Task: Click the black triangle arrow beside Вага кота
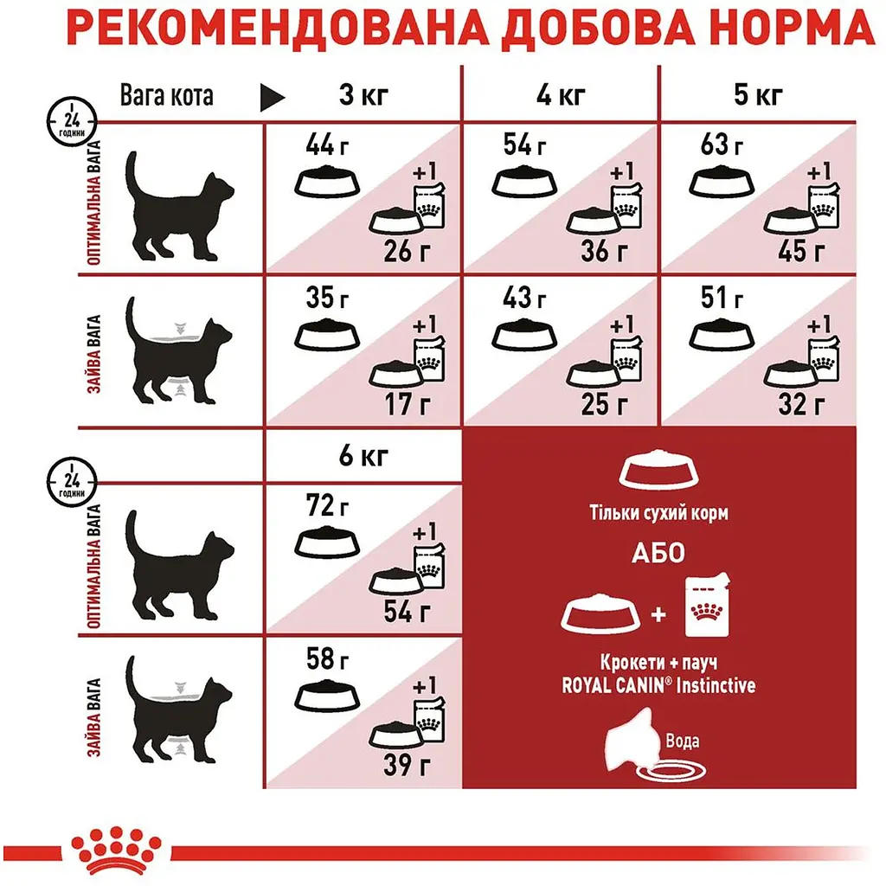(x=273, y=96)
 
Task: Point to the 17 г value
(x=410, y=403)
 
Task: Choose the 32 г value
(x=806, y=403)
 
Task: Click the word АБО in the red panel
(x=673, y=554)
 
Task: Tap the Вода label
(x=683, y=741)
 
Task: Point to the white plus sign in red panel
(x=658, y=615)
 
